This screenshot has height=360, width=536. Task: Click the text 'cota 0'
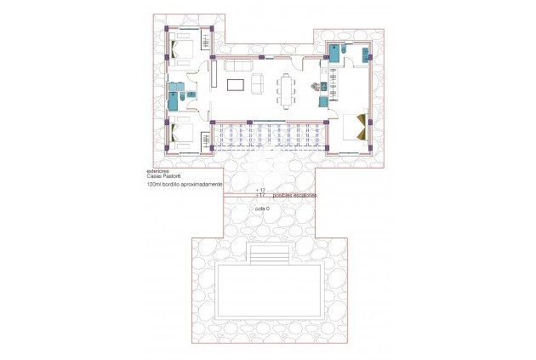click(261, 209)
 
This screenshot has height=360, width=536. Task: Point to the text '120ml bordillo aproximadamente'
click(185, 184)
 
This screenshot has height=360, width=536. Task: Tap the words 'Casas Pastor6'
click(165, 176)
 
